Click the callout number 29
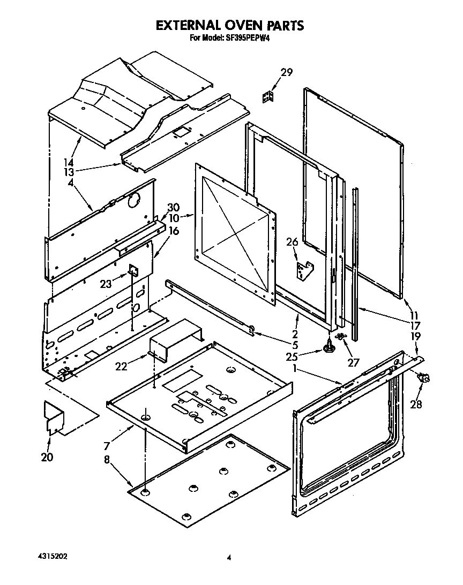point(287,73)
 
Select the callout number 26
point(292,242)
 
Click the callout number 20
point(47,457)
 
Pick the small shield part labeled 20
point(53,417)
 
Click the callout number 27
point(353,362)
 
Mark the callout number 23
point(106,284)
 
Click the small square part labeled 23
point(132,271)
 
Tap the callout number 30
point(173,207)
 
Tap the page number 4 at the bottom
point(229,558)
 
